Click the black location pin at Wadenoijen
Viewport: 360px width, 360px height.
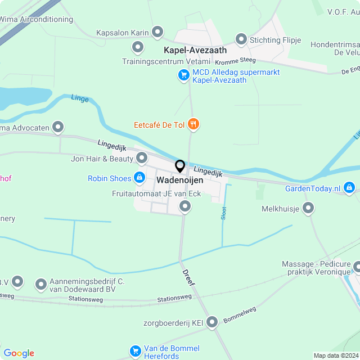(180, 166)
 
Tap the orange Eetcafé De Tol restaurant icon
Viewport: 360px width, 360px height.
(193, 124)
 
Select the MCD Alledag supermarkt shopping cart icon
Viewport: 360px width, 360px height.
(183, 75)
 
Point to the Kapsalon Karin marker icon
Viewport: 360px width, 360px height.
(157, 32)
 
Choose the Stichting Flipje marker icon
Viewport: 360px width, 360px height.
(241, 39)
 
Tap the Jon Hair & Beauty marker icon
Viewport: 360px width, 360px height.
(142, 158)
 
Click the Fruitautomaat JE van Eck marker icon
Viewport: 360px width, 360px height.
(185, 207)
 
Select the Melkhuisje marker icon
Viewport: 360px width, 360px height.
(308, 209)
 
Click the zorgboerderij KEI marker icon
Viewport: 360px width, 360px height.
(212, 322)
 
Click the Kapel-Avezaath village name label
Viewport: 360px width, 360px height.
(196, 51)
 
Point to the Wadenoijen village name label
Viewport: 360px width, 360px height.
(180, 181)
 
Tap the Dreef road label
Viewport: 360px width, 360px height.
(188, 277)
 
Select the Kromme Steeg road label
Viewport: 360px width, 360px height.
(235, 60)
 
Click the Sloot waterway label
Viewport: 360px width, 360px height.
(224, 214)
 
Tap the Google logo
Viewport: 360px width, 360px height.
(19, 353)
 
